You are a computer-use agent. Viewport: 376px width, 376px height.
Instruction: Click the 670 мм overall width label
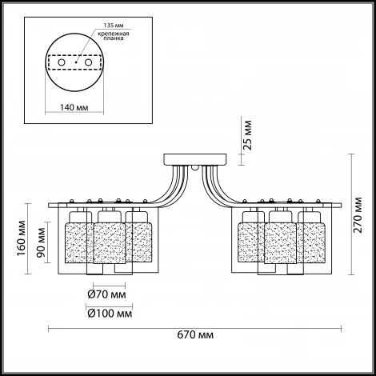[195, 334]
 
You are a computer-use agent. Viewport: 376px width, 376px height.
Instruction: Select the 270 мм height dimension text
[358, 215]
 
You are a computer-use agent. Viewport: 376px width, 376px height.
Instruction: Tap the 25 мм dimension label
[248, 135]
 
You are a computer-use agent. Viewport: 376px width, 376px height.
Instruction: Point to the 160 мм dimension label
[22, 238]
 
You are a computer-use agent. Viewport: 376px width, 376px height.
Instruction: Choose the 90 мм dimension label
[41, 242]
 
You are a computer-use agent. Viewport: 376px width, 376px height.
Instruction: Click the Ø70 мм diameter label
[106, 294]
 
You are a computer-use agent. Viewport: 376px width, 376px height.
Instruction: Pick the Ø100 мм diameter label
[110, 314]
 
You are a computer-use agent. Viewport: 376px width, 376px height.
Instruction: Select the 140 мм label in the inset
[74, 107]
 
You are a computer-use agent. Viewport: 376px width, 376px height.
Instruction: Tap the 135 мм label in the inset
[114, 26]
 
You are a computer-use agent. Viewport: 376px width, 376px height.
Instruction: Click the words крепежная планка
[114, 36]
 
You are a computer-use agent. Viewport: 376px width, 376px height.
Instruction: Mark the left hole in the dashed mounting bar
[62, 62]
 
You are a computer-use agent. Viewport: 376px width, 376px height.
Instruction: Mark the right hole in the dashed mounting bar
[88, 62]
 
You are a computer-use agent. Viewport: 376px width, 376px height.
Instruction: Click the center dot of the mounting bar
[76, 62]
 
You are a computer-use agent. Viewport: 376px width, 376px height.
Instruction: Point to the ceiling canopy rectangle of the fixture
[195, 159]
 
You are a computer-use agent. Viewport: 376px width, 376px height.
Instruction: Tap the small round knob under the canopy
[195, 168]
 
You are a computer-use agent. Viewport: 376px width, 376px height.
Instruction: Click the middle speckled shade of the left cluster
[110, 243]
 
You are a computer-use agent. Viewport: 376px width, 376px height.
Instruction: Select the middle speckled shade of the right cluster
[280, 243]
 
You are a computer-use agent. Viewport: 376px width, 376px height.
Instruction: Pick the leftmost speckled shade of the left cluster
[76, 242]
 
